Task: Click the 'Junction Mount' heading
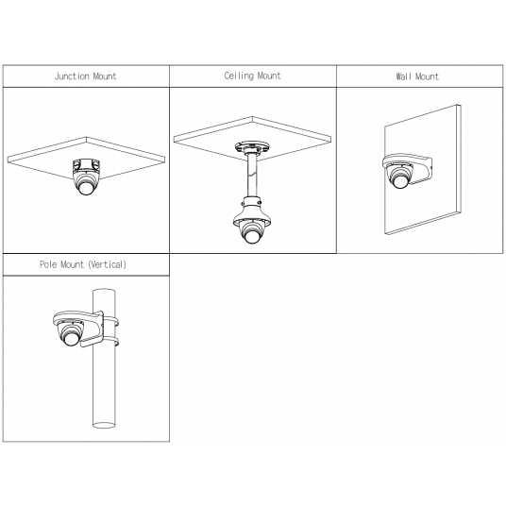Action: pos(85,76)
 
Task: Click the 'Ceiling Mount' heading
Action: pos(253,76)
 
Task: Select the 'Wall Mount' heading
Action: pos(417,76)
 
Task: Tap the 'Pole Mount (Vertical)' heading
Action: pos(83,264)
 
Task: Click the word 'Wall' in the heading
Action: pos(403,76)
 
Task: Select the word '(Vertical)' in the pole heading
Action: pos(107,264)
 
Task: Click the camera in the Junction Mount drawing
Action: pos(86,177)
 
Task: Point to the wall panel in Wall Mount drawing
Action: pos(434,198)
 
